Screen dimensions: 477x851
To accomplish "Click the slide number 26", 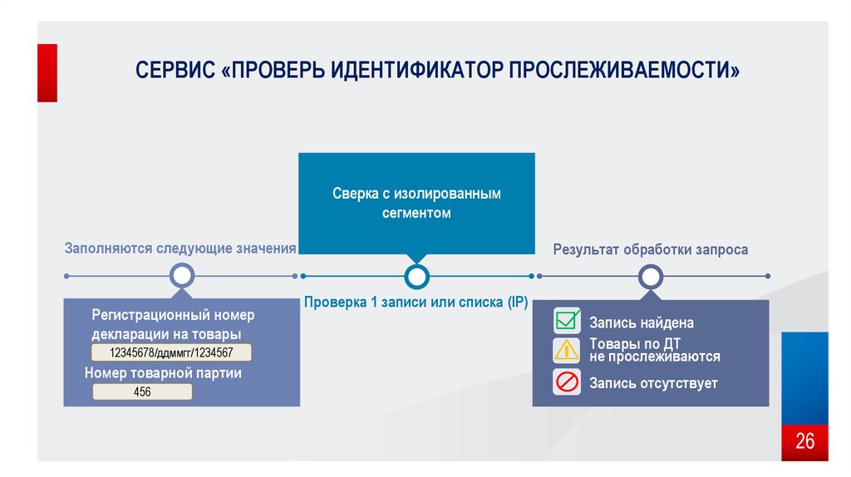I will (x=804, y=440).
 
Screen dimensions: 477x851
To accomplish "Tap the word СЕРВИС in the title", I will (x=174, y=71).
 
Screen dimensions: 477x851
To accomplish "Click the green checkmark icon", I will (x=568, y=321).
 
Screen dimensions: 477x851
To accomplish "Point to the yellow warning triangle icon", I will (x=567, y=350).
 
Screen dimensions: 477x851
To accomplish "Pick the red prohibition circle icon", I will (x=567, y=382).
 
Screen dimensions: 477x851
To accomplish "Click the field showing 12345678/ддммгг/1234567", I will (x=171, y=352).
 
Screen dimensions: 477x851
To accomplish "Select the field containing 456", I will (x=142, y=391).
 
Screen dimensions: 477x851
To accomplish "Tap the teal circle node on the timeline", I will (x=416, y=276).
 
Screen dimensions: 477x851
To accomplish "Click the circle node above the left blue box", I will (x=181, y=276).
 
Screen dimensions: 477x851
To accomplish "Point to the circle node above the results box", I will (x=651, y=276).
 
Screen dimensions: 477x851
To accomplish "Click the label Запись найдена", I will (x=641, y=323).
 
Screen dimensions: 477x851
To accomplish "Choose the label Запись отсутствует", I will (x=653, y=383).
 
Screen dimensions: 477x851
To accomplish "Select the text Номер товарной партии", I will (x=163, y=373).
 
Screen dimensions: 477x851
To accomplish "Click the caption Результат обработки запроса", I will (x=651, y=249).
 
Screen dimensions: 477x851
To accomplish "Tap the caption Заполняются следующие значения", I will (x=180, y=248).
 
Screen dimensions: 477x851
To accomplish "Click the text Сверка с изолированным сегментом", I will (x=416, y=203).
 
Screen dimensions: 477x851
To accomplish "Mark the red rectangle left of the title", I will (x=47, y=72).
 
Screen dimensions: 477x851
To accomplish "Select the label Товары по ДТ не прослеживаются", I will (x=655, y=350).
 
